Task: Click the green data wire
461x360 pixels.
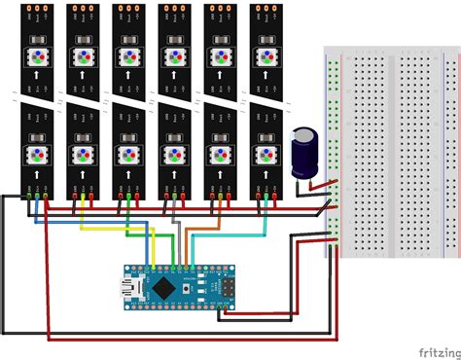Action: click(146, 234)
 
